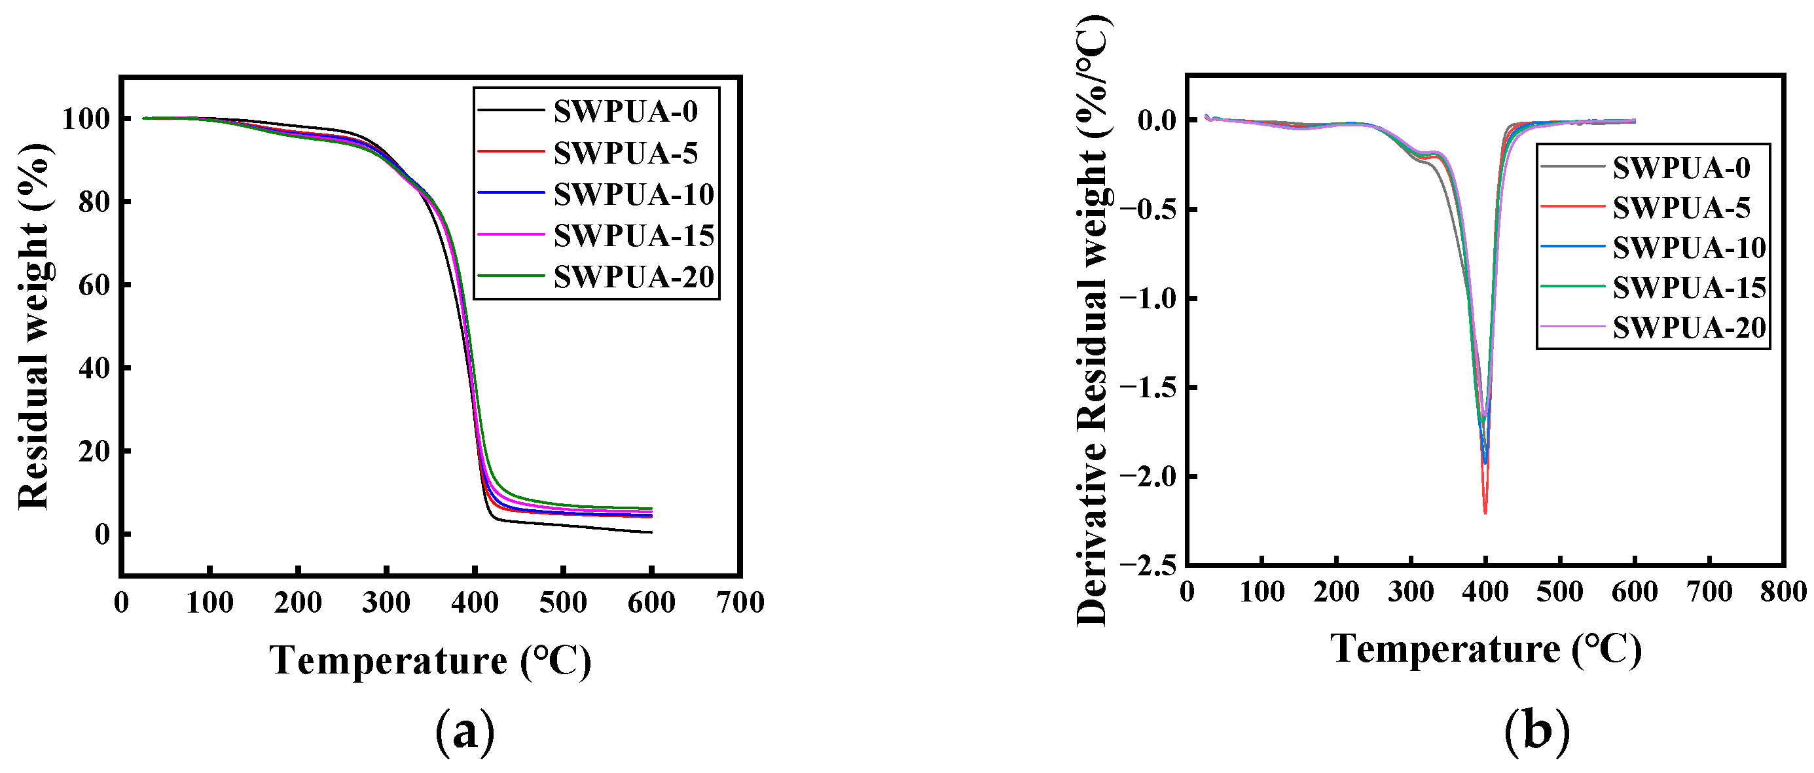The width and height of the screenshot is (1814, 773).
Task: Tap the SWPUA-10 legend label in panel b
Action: pos(1689,248)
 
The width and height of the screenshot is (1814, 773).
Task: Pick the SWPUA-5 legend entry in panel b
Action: pos(1681,207)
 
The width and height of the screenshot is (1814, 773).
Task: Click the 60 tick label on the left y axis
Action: pos(94,285)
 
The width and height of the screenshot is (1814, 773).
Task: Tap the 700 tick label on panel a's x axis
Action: pos(740,603)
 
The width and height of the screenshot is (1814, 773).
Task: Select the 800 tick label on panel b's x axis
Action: pos(1783,591)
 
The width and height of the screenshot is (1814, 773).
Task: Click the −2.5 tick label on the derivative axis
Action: pos(1148,566)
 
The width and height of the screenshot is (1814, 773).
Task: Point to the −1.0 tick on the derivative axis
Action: pos(1148,298)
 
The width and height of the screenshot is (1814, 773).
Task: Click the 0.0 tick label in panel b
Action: pos(1157,120)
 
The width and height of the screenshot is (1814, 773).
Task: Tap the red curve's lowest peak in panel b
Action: pos(1485,512)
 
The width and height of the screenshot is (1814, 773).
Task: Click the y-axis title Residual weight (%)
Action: pos(34,326)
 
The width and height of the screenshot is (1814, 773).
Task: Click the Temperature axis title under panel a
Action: pos(430,660)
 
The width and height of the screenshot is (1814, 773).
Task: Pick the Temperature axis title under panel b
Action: pos(1486,649)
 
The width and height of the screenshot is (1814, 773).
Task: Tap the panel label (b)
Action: pos(1536,730)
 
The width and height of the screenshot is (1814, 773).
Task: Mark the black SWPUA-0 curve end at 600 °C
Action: pos(651,532)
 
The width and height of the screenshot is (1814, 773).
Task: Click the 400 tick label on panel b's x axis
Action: pos(1485,591)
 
